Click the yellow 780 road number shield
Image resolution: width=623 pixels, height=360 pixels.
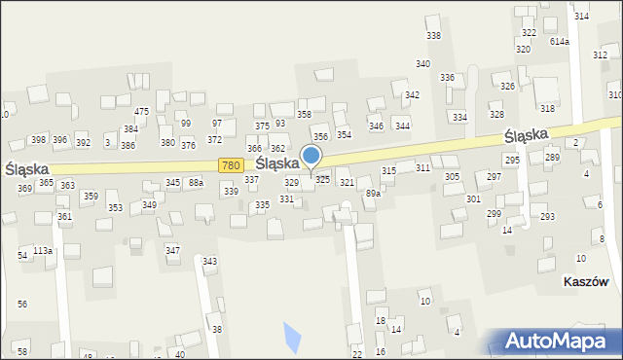pyautogui.click(x=230, y=166)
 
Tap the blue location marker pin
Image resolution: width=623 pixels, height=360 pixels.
pyautogui.click(x=311, y=158)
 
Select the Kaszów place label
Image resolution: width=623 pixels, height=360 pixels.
pyautogui.click(x=586, y=282)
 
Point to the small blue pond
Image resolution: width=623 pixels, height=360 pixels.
pyautogui.click(x=291, y=337)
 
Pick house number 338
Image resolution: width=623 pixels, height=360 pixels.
pyautogui.click(x=433, y=36)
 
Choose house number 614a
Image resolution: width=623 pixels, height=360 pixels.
pyautogui.click(x=559, y=41)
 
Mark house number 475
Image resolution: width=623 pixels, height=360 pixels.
pyautogui.click(x=141, y=112)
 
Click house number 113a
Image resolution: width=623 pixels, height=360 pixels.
pyautogui.click(x=42, y=250)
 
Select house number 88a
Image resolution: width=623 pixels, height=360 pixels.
pyautogui.click(x=196, y=182)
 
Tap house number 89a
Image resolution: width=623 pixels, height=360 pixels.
pyautogui.click(x=373, y=194)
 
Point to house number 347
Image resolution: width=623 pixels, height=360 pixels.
pyautogui.click(x=172, y=250)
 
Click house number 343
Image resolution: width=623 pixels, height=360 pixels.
pyautogui.click(x=209, y=261)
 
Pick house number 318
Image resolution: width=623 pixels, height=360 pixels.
pyautogui.click(x=547, y=108)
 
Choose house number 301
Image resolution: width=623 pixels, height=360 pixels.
pyautogui.click(x=473, y=198)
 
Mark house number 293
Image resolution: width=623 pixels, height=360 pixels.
pyautogui.click(x=547, y=216)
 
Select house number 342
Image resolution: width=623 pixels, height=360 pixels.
pyautogui.click(x=412, y=94)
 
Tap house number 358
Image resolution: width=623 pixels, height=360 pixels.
pyautogui.click(x=304, y=115)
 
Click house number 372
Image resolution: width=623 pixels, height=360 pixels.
pyautogui.click(x=214, y=140)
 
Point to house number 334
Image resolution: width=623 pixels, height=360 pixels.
pyautogui.click(x=459, y=117)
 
